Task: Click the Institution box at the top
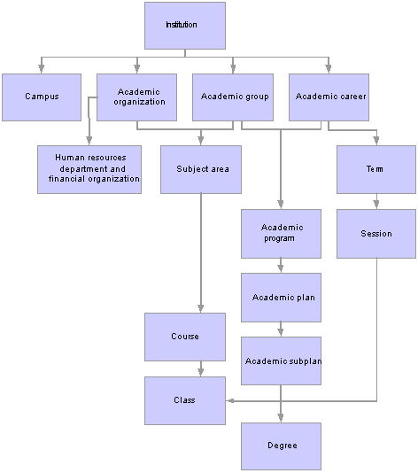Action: [185, 26]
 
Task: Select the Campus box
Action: [42, 97]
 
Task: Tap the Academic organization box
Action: [136, 97]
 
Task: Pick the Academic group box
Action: [233, 97]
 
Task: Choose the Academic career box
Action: [329, 97]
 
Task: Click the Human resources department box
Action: [89, 169]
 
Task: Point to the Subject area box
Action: [201, 169]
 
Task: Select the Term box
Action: [376, 169]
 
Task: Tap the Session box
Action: [376, 234]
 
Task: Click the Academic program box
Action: [281, 234]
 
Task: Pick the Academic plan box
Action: [281, 298]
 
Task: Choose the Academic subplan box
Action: [281, 361]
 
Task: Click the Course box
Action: [185, 337]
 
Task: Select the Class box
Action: [185, 400]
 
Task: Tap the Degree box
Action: [281, 446]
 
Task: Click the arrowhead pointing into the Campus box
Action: [42, 69]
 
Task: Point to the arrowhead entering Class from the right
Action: [230, 401]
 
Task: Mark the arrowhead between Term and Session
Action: [376, 205]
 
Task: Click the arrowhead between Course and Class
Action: [201, 372]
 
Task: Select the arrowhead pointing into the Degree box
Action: [281, 418]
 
